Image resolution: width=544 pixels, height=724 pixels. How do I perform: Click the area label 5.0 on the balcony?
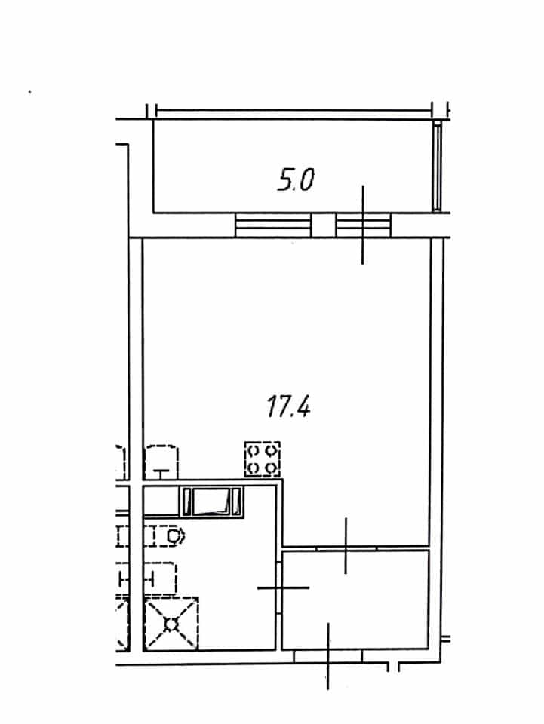pyautogui.click(x=296, y=179)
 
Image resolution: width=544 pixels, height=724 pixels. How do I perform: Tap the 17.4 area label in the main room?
pyautogui.click(x=289, y=406)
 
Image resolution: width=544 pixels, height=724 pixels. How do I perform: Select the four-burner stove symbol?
pyautogui.click(x=263, y=459)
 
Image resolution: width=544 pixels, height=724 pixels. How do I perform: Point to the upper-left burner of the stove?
pyautogui.click(x=254, y=449)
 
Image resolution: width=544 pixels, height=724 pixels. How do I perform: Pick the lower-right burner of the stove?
pyautogui.click(x=271, y=468)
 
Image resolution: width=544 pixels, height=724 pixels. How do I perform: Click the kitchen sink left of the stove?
pyautogui.click(x=161, y=462)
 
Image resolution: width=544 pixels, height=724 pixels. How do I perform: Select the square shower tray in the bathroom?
pyautogui.click(x=171, y=624)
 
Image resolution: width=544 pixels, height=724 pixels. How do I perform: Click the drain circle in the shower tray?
pyautogui.click(x=171, y=624)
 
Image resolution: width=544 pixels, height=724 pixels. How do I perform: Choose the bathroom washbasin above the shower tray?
pyautogui.click(x=160, y=578)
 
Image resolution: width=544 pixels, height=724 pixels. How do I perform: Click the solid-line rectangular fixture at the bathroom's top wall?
pyautogui.click(x=211, y=502)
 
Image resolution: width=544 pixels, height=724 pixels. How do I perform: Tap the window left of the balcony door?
pyautogui.click(x=273, y=225)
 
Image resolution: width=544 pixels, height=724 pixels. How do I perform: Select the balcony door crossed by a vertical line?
pyautogui.click(x=364, y=225)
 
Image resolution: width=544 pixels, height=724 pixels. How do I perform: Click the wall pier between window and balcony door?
pyautogui.click(x=324, y=225)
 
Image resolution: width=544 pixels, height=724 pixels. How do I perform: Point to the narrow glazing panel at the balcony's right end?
pyautogui.click(x=437, y=166)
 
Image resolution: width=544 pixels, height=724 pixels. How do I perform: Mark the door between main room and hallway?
pyautogui.click(x=346, y=548)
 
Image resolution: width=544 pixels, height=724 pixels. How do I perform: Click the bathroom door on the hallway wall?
pyautogui.click(x=279, y=587)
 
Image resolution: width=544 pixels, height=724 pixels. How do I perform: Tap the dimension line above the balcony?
pyautogui.click(x=294, y=110)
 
